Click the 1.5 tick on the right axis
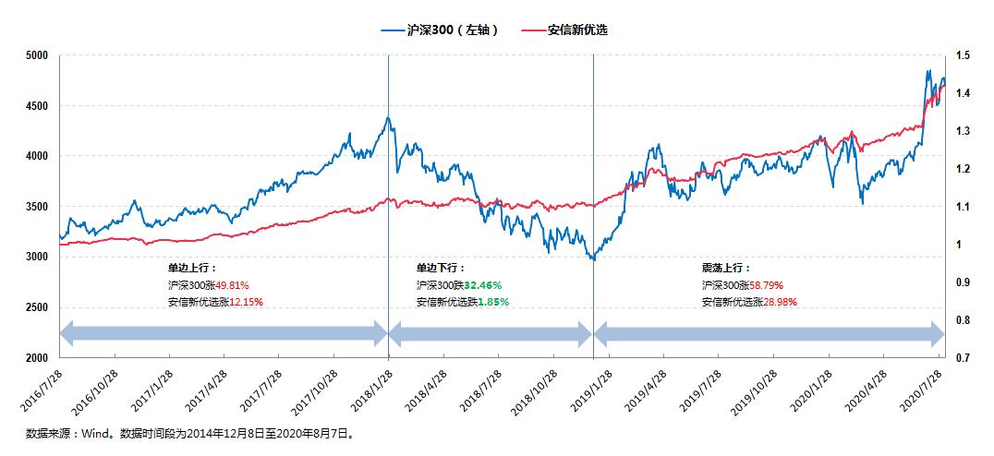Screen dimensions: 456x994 click(x=964, y=56)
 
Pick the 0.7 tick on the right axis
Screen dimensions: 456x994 click(x=964, y=358)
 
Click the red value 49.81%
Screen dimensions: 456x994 click(x=231, y=285)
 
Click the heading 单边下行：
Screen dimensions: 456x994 click(x=435, y=267)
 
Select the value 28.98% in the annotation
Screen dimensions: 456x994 click(x=778, y=302)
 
